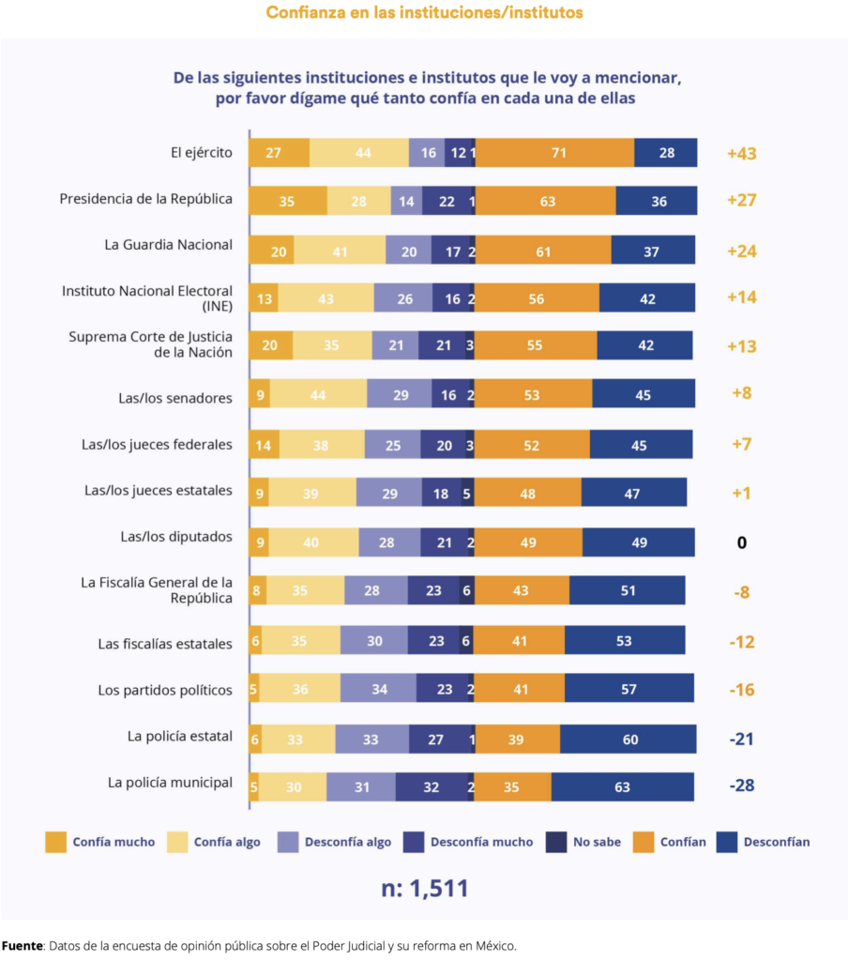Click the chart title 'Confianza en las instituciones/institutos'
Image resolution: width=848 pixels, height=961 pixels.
(x=424, y=13)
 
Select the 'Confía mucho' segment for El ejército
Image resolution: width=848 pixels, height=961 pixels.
(x=280, y=153)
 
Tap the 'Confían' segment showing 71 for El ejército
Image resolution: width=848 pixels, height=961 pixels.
(x=555, y=153)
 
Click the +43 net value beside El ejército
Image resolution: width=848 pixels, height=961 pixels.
(x=741, y=153)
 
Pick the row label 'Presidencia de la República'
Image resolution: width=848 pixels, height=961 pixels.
(x=145, y=199)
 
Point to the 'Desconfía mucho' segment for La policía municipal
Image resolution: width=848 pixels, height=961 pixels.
(x=432, y=787)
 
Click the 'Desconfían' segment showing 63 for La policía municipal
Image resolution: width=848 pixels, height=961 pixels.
(x=623, y=787)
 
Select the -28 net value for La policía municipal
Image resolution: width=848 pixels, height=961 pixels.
(x=741, y=786)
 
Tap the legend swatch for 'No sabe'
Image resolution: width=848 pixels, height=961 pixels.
(x=555, y=842)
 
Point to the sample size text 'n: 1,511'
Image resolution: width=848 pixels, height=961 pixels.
(x=425, y=888)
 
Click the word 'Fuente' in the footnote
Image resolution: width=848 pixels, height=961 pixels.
(x=23, y=946)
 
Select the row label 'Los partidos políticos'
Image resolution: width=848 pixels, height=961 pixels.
(x=165, y=690)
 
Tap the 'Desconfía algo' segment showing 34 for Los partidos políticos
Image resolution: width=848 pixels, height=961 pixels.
(x=378, y=688)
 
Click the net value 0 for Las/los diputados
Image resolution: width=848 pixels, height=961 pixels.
(x=741, y=543)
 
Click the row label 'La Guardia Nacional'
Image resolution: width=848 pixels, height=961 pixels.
(x=169, y=245)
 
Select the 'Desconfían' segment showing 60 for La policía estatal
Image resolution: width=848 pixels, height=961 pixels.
(x=628, y=740)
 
